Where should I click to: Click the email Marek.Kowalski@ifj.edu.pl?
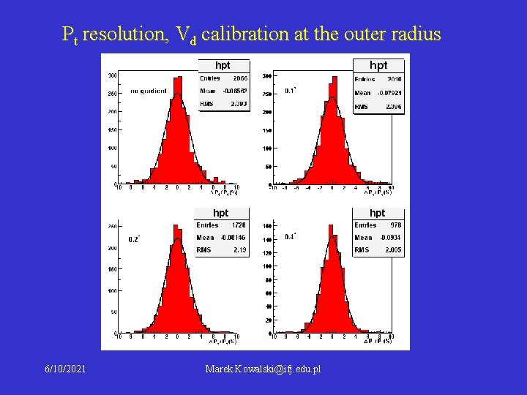pos(263,370)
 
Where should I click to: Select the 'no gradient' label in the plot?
pos(149,91)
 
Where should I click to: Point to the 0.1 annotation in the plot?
pos(291,91)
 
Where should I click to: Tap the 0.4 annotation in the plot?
pos(290,236)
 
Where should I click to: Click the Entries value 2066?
pos(240,78)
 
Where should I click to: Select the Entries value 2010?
pos(394,79)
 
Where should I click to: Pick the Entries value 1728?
pos(239,225)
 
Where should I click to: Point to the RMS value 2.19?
pos(240,250)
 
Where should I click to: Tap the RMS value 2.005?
pos(393,250)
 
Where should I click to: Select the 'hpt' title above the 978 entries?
pos(377,213)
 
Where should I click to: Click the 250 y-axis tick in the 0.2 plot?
pos(112,227)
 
